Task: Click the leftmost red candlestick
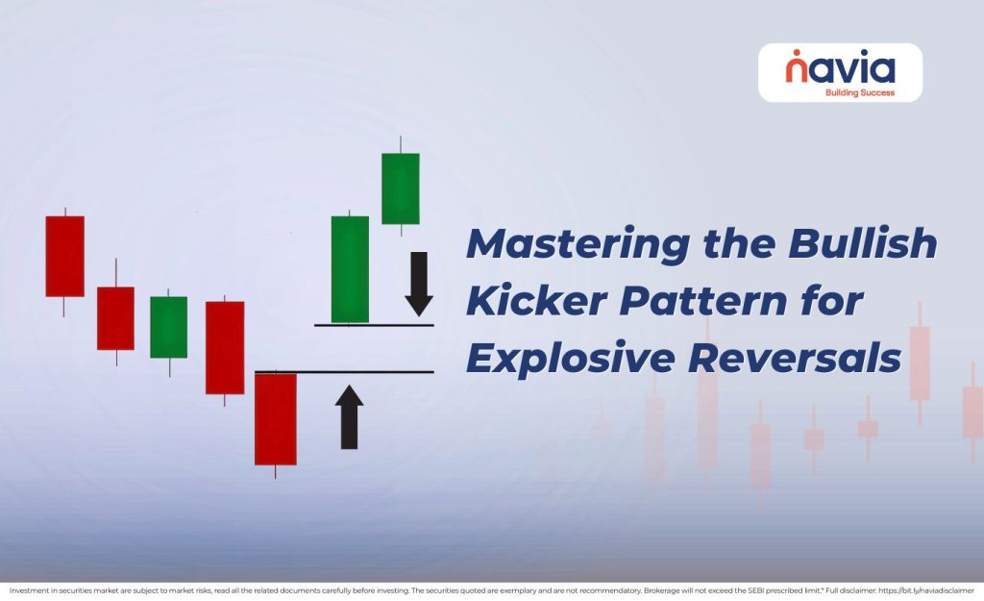pyautogui.click(x=64, y=256)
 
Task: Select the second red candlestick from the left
pyautogui.click(x=115, y=317)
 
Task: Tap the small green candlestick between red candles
pyautogui.click(x=168, y=327)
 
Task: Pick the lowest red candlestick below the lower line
pyautogui.click(x=275, y=419)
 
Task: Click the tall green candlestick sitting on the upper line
pyautogui.click(x=350, y=269)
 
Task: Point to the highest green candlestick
pyautogui.click(x=400, y=188)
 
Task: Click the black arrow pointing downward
pyautogui.click(x=418, y=284)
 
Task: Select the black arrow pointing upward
pyautogui.click(x=349, y=417)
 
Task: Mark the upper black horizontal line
pyautogui.click(x=374, y=325)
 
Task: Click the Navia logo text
pyautogui.click(x=840, y=68)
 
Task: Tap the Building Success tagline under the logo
pyautogui.click(x=859, y=93)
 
